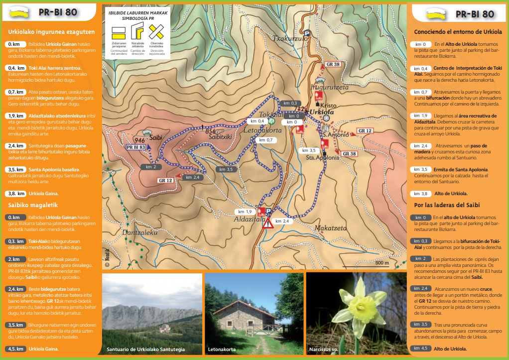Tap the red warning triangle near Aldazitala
(x=268, y=223)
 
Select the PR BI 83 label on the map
(x=135, y=147)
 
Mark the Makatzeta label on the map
(x=330, y=229)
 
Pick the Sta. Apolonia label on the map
(x=322, y=157)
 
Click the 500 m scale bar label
(x=382, y=262)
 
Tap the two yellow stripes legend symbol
(x=119, y=33)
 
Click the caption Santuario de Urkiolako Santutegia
(x=146, y=350)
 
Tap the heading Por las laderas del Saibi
(x=447, y=205)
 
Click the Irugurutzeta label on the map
(x=330, y=88)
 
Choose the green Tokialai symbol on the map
(x=271, y=121)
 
